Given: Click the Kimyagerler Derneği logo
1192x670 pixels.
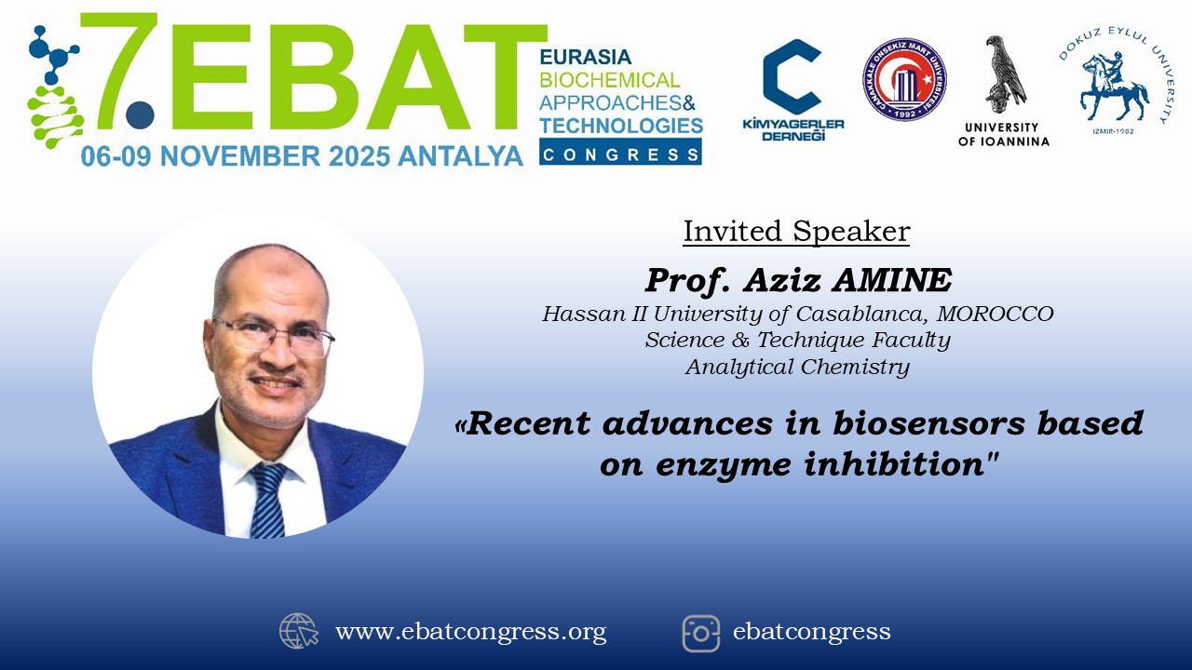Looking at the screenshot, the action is [x=792, y=89].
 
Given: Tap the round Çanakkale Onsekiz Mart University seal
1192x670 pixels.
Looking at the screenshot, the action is [x=904, y=79].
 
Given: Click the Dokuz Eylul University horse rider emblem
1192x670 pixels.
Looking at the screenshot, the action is [x=1115, y=87].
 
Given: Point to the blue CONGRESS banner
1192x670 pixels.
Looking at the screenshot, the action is [x=620, y=152].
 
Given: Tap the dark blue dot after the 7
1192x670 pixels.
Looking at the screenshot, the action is [x=140, y=114].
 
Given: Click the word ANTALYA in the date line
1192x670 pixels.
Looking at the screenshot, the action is [x=460, y=156].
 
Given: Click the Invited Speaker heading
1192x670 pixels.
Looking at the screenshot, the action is [x=796, y=232].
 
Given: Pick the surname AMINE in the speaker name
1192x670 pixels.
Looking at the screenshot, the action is [x=892, y=280].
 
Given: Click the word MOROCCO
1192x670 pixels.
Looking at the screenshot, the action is [x=996, y=314].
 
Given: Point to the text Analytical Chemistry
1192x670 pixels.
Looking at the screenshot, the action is [x=798, y=367].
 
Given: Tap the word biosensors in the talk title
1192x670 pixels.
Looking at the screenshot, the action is [x=928, y=423].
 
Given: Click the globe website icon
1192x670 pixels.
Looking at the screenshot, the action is [x=299, y=631].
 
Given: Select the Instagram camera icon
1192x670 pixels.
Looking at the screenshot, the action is [x=701, y=634].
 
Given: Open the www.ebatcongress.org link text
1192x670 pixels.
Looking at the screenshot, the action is [x=470, y=632].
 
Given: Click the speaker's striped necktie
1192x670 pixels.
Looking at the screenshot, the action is [x=268, y=500].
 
